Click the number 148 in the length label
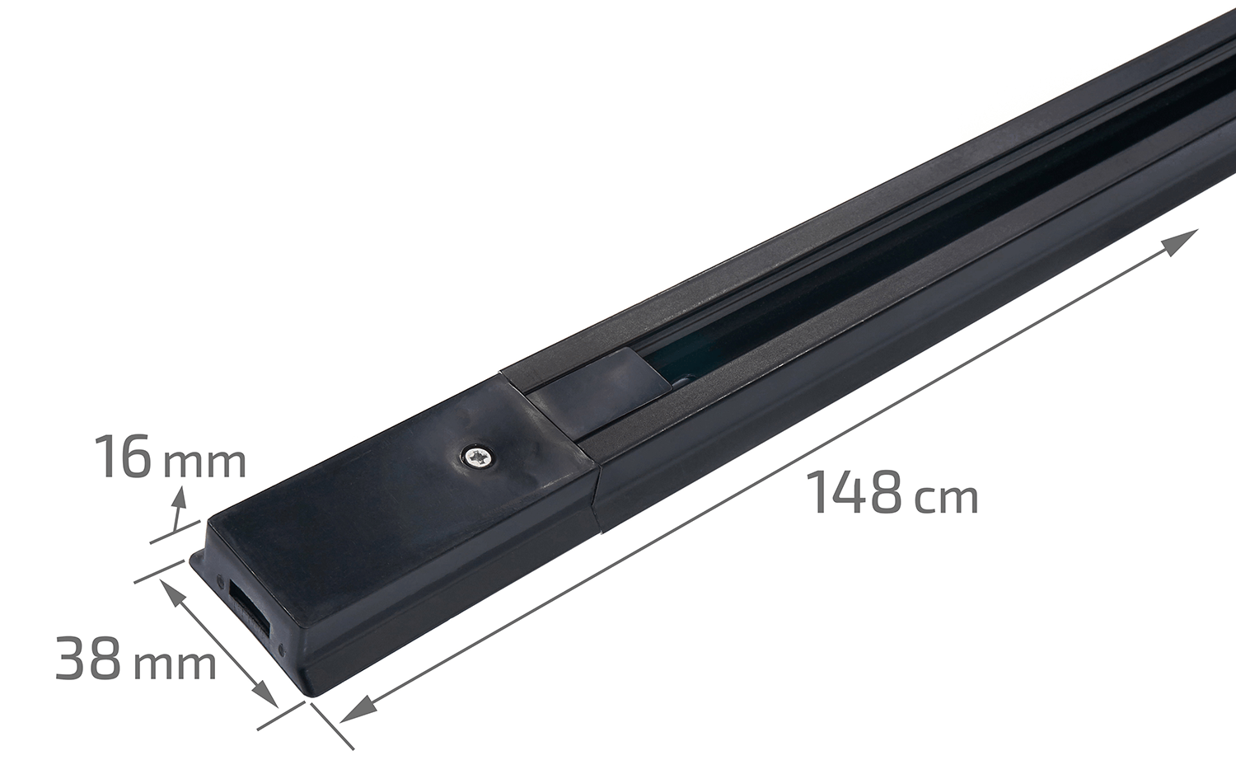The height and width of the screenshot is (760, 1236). [857, 492]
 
